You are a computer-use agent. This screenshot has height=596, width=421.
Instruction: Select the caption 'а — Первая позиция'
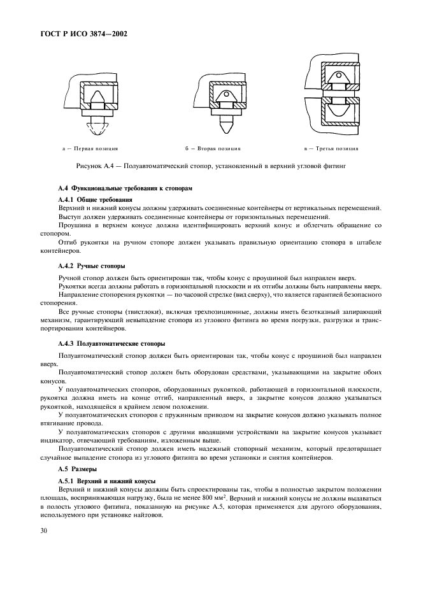click(x=90, y=149)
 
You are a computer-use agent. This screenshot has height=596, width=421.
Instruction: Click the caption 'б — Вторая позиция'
click(x=213, y=149)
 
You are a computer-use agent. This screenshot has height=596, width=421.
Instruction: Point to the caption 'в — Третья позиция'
click(x=331, y=149)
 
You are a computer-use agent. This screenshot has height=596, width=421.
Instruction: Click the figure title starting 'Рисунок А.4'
click(x=211, y=166)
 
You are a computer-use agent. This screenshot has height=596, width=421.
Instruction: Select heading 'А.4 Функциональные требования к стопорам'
click(x=124, y=190)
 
